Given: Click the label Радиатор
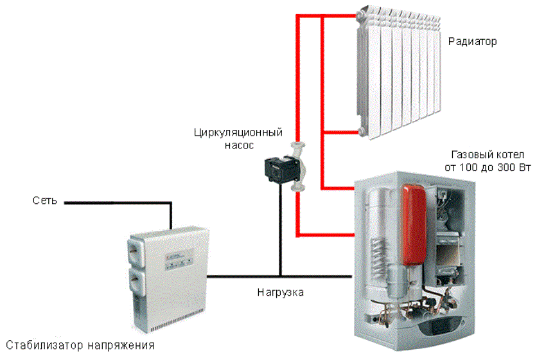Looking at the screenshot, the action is click(472, 42).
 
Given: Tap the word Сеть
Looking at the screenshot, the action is click(44, 201).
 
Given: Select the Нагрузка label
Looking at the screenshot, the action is click(280, 292).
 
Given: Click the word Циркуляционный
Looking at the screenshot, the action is click(238, 133).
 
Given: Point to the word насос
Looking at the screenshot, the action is click(239, 145).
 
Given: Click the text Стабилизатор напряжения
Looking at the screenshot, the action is click(80, 345).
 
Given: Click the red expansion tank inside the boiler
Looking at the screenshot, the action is click(414, 225).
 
